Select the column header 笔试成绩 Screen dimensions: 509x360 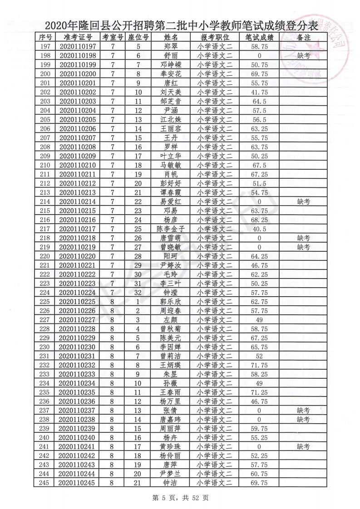pos(259,37)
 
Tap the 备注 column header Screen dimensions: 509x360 pos(303,37)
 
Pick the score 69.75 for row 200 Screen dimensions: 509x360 pos(259,73)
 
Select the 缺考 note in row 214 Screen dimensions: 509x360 pos(303,201)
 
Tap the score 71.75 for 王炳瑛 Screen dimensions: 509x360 pos(259,365)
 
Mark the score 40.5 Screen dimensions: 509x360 pos(259,229)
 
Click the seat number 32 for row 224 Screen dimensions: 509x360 pos(138,293)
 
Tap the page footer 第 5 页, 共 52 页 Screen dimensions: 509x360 pos(180,498)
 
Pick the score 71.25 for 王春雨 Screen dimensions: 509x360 pos(259,392)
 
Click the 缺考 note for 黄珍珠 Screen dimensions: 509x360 pos(303,447)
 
